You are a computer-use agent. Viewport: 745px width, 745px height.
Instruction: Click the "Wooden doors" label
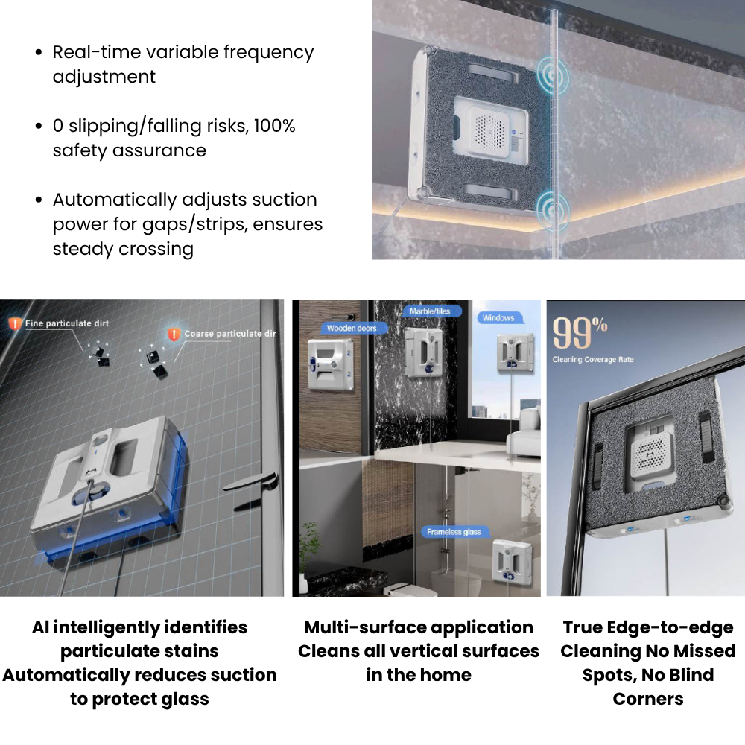pyautogui.click(x=354, y=328)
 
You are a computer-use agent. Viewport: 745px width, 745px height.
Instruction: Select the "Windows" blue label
pyautogui.click(x=500, y=318)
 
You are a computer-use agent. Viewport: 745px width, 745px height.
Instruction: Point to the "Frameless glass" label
pyautogui.click(x=454, y=532)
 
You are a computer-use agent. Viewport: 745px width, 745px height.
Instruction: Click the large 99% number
pyautogui.click(x=580, y=332)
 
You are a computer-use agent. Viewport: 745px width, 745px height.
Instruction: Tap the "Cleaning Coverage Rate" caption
pyautogui.click(x=593, y=359)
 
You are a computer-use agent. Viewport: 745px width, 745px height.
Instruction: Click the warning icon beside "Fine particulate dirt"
pyautogui.click(x=15, y=323)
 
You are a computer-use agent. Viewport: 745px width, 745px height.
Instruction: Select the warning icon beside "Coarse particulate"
pyautogui.click(x=174, y=334)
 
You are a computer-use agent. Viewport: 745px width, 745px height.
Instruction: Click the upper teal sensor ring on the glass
pyautogui.click(x=552, y=74)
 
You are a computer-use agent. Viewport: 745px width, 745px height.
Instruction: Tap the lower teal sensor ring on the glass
pyautogui.click(x=553, y=209)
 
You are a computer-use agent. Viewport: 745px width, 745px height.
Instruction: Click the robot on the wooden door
pyautogui.click(x=332, y=364)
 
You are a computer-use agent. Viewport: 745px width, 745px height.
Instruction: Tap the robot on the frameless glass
pyautogui.click(x=513, y=561)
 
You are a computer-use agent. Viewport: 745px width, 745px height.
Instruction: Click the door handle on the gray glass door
pyautogui.click(x=251, y=481)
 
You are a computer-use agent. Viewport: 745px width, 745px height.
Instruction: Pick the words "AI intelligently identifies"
pyautogui.click(x=140, y=627)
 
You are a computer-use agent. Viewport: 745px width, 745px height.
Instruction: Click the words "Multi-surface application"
pyautogui.click(x=419, y=627)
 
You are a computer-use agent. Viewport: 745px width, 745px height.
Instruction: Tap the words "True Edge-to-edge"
pyautogui.click(x=648, y=627)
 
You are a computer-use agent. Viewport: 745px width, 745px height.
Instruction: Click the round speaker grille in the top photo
pyautogui.click(x=489, y=130)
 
